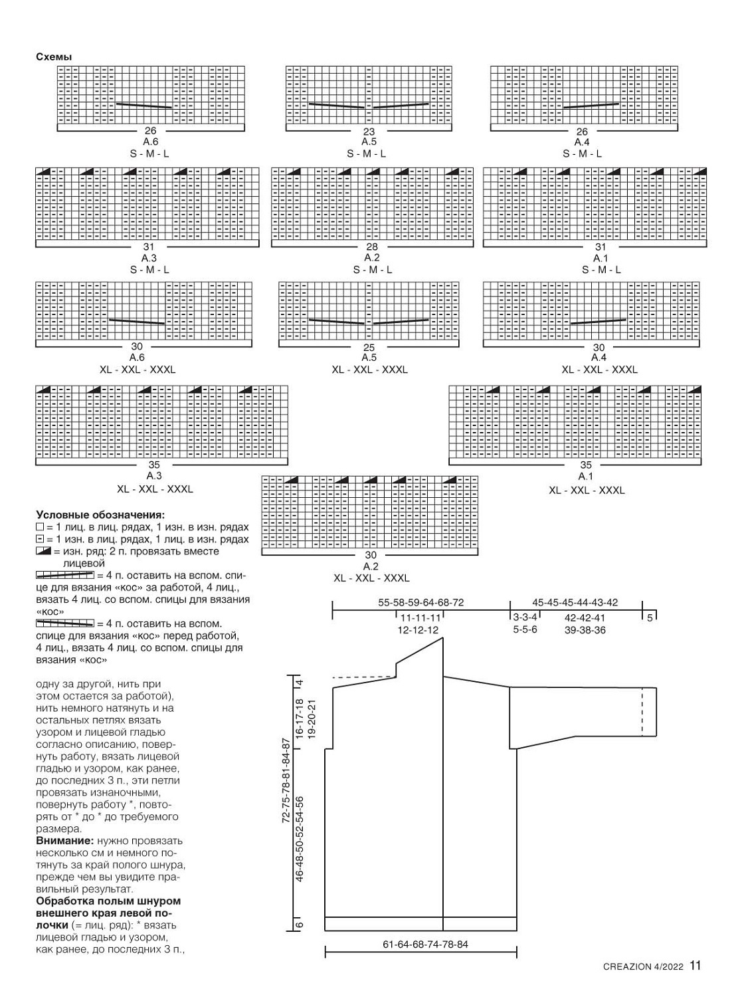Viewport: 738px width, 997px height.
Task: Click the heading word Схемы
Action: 54,56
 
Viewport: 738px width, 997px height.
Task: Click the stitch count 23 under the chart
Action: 369,132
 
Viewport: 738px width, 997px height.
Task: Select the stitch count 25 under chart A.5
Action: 369,347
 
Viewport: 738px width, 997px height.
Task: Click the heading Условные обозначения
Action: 100,514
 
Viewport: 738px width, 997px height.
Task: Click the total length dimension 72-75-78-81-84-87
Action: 286,781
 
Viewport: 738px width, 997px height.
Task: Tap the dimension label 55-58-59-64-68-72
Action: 421,603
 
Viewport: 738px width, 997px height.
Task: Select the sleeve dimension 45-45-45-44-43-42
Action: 575,603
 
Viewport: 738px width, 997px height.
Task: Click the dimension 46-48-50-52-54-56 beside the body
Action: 300,839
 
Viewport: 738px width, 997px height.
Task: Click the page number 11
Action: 695,966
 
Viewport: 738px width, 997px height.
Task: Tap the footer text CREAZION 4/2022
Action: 643,967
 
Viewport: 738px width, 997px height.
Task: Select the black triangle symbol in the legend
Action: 44,552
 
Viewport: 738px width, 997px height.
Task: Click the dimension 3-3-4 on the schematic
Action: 525,617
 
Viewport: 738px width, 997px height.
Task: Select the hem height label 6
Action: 300,925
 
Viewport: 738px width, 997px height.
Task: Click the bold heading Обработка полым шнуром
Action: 108,901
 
